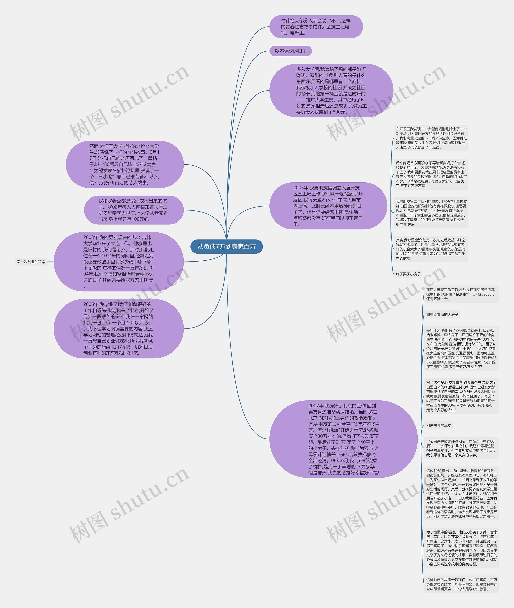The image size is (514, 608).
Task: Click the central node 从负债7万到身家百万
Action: (x=226, y=246)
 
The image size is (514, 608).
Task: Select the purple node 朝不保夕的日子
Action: (x=291, y=51)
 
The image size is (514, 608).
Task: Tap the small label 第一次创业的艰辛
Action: (x=31, y=262)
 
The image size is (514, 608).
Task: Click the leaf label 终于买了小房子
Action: (x=408, y=274)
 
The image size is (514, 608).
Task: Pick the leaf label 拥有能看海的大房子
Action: (x=442, y=314)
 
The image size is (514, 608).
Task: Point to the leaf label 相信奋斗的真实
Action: (x=439, y=426)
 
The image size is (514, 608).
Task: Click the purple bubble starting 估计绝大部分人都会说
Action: (x=316, y=27)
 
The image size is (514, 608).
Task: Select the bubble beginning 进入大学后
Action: (x=331, y=90)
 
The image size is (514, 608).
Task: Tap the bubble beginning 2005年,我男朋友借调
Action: (x=328, y=206)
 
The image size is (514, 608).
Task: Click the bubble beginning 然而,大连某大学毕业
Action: (x=124, y=164)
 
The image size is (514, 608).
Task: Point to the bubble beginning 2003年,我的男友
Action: (x=119, y=262)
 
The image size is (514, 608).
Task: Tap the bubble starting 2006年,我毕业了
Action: (x=119, y=329)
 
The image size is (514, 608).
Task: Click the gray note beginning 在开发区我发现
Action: (x=431, y=138)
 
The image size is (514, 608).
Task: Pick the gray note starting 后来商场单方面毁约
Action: (x=431, y=174)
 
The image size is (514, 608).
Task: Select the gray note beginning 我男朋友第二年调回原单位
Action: (x=431, y=213)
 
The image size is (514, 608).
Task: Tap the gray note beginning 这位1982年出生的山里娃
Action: (x=461, y=494)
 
